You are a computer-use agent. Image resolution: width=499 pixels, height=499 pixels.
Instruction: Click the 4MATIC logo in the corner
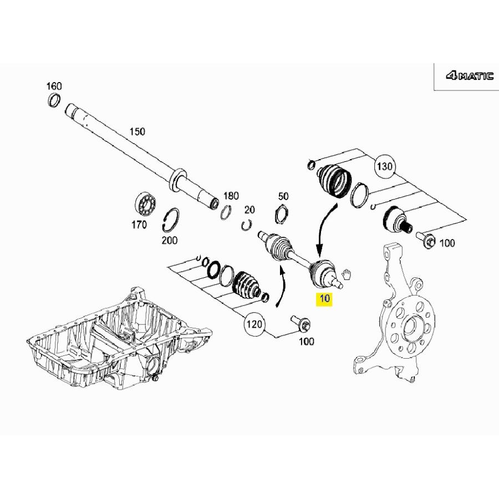coord(469,77)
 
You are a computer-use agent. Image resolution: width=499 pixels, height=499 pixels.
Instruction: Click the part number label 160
coord(54,86)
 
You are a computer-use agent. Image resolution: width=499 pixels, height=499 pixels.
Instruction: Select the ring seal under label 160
coord(54,100)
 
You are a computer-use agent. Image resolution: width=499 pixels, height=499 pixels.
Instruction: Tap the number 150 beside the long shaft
coord(136,131)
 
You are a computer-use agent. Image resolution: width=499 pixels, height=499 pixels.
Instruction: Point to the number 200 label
coord(170,240)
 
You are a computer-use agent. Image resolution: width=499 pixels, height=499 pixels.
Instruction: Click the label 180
coord(231,196)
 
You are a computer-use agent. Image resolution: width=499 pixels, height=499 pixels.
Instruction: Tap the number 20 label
coord(249,210)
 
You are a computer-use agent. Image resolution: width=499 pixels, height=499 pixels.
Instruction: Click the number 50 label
coord(283,196)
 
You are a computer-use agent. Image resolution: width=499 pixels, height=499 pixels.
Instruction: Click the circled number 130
coord(384,166)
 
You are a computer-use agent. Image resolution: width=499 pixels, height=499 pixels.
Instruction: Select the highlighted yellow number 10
coord(324,299)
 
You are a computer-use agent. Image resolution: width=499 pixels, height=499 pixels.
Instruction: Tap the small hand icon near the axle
coord(348,273)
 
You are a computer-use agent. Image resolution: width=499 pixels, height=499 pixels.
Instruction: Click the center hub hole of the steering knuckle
coord(410,327)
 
